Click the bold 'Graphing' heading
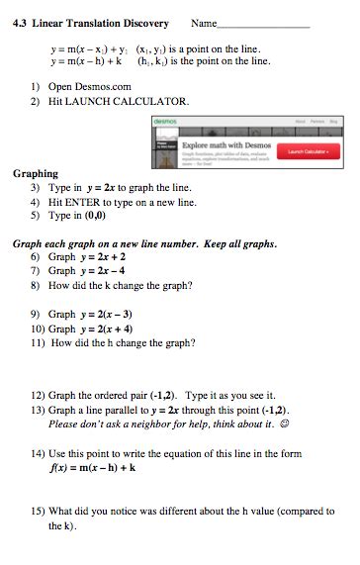(36, 173)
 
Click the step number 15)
(39, 513)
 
